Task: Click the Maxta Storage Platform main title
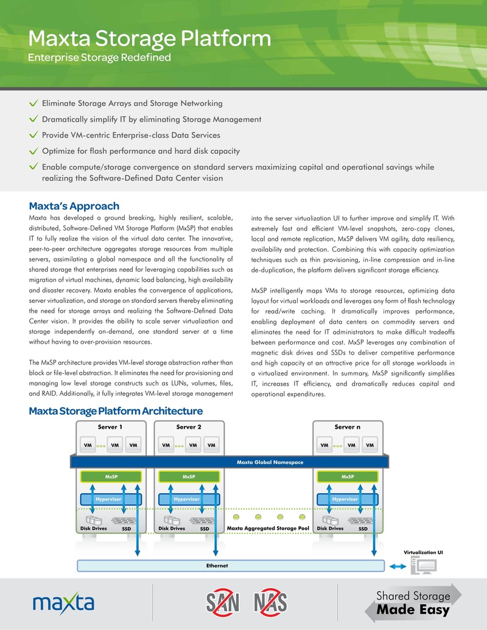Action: [150, 38]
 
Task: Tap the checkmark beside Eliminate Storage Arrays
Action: [34, 104]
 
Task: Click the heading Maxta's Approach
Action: [74, 206]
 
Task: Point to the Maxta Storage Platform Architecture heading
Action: [116, 412]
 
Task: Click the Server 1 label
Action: [110, 427]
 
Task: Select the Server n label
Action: [347, 427]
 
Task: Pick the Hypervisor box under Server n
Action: [345, 499]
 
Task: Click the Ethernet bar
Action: [217, 566]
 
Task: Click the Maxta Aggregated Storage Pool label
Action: [268, 528]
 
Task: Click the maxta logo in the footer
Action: [63, 603]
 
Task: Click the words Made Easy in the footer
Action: [413, 609]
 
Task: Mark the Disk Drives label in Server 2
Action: [172, 528]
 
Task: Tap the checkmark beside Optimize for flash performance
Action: [34, 151]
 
